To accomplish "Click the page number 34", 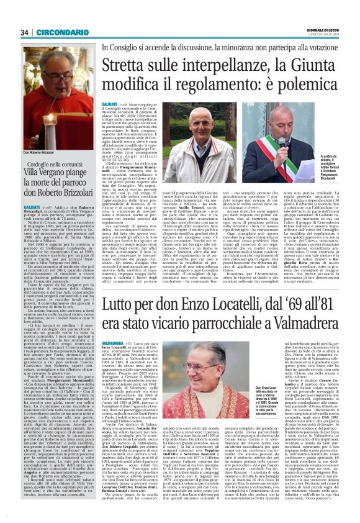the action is tap(25, 32).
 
